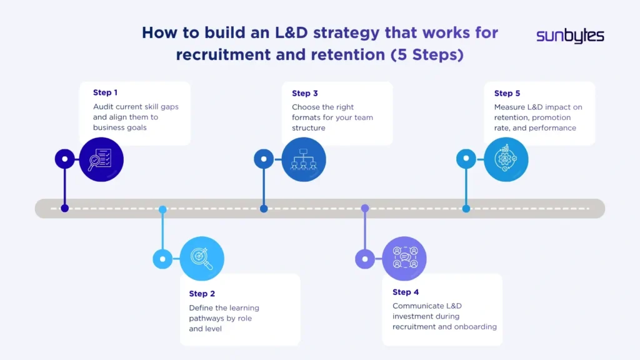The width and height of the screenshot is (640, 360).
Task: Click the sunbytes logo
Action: pyautogui.click(x=570, y=36)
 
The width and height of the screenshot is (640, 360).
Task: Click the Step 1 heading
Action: pyautogui.click(x=106, y=92)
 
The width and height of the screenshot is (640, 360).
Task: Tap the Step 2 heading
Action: pyautogui.click(x=202, y=294)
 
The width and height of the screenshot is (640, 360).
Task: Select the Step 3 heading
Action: pyautogui.click(x=305, y=93)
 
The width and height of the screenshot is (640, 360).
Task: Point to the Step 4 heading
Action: pyautogui.click(x=406, y=292)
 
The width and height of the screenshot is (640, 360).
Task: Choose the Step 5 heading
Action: pyautogui.click(x=507, y=93)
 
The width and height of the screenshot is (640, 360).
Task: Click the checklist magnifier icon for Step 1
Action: pyautogui.click(x=101, y=159)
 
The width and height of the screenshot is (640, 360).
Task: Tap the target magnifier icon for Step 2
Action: pyautogui.click(x=202, y=258)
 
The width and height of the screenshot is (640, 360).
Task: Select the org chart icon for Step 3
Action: pyautogui.click(x=304, y=159)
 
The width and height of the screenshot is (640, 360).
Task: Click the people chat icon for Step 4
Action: pyautogui.click(x=404, y=258)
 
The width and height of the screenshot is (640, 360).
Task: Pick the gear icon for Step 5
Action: pyautogui.click(x=506, y=159)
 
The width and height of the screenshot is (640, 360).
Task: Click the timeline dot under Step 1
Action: pyautogui.click(x=64, y=209)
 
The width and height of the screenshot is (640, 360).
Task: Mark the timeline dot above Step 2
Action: pyautogui.click(x=162, y=209)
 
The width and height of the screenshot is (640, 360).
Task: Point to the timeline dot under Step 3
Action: pyautogui.click(x=264, y=209)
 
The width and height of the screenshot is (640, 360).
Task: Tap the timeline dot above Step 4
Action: pyautogui.click(x=365, y=208)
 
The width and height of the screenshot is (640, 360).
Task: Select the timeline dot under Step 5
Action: pyautogui.click(x=466, y=209)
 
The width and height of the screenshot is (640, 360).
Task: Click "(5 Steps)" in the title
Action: pyautogui.click(x=427, y=55)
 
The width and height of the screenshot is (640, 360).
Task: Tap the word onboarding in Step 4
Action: pyautogui.click(x=476, y=326)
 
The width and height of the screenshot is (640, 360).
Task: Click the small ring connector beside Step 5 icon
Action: pyautogui.click(x=466, y=159)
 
